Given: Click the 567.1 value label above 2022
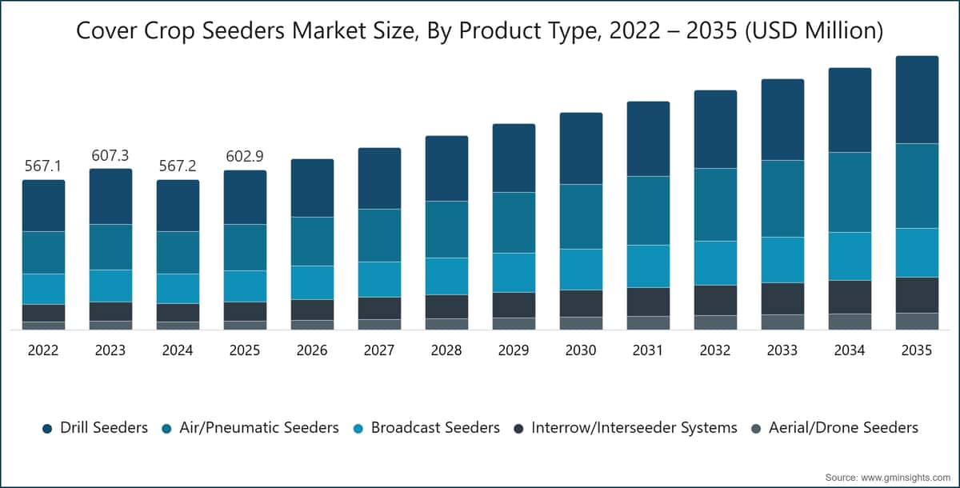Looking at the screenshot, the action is click(43, 166).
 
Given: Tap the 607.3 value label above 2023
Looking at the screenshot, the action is click(110, 155).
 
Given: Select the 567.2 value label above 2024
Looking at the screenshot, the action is click(178, 166).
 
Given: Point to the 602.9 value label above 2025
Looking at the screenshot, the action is click(245, 156).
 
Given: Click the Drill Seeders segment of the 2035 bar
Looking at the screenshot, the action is click(917, 99).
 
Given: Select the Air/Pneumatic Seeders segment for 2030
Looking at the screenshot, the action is click(581, 216).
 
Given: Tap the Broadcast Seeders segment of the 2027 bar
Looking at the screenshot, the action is click(380, 279).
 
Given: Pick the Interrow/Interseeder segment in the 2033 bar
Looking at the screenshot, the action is click(782, 298).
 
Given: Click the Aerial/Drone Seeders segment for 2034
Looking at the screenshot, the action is click(850, 322).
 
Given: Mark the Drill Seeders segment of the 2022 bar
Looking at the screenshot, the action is click(44, 206).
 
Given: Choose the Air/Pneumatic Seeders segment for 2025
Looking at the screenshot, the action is click(245, 247).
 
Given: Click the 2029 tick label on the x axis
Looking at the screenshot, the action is click(514, 350).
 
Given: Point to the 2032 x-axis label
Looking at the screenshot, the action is click(715, 350).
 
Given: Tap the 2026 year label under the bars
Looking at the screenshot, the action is click(312, 350).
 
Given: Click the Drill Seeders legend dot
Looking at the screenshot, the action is click(47, 429).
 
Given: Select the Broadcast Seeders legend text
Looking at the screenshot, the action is click(435, 427).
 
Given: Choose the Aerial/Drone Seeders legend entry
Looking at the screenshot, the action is click(835, 427).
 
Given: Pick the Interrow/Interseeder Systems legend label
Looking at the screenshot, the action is click(634, 427).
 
